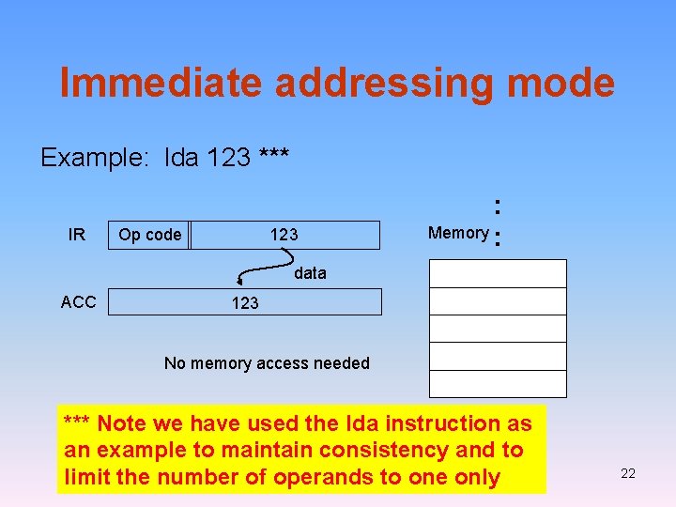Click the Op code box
coord(150,235)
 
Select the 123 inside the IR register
coord(284,235)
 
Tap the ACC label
coord(78,301)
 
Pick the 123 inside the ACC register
coord(245,302)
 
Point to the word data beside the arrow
coord(310,273)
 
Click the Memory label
coord(457,233)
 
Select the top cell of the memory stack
coord(498,273)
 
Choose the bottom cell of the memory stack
coord(498,384)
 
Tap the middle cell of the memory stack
coord(498,329)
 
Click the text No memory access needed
coord(267,363)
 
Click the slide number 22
coord(628,473)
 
